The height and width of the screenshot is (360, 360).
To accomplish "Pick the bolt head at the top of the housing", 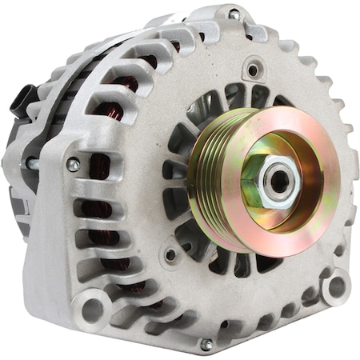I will [x=234, y=14].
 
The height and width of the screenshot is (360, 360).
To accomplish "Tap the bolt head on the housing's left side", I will [x=73, y=165].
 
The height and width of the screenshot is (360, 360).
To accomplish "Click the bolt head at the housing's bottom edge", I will [x=206, y=344].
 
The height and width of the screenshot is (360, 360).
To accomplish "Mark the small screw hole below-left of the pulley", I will [x=170, y=256].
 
